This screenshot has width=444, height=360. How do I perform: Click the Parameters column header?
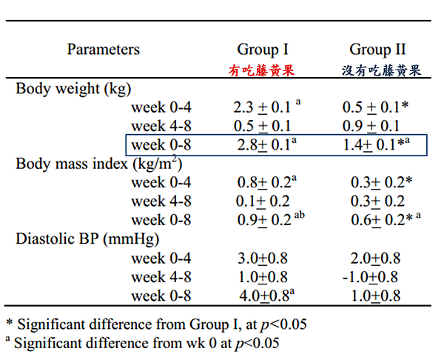pyautogui.click(x=103, y=50)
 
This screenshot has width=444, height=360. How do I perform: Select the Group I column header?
pyautogui.click(x=263, y=50)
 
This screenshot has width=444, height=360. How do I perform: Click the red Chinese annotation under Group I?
pyautogui.click(x=261, y=70)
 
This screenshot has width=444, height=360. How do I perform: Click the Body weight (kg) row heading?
pyautogui.click(x=73, y=89)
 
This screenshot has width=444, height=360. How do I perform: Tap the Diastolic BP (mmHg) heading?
pyautogui.click(x=88, y=239)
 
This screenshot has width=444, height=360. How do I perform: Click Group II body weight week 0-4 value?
pyautogui.click(x=374, y=107)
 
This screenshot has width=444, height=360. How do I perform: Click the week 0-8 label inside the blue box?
pyautogui.click(x=161, y=144)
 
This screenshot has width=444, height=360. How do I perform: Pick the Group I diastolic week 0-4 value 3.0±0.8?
pyautogui.click(x=263, y=258)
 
